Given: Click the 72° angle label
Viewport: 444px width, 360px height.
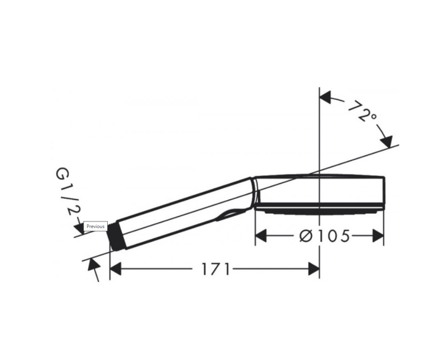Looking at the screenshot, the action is (362, 111).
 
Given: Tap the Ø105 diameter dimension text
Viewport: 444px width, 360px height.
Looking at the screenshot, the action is (325, 236).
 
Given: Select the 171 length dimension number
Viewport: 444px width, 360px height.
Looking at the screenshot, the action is (215, 269).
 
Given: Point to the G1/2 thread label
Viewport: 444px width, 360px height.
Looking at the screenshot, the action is (68, 191).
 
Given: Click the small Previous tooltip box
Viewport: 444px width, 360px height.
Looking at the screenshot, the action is (95, 226).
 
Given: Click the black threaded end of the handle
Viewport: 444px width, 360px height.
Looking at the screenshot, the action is (117, 236).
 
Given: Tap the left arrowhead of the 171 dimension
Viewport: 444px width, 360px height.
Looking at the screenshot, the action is (115, 269).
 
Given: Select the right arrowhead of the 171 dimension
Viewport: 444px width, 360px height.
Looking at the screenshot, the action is (314, 269).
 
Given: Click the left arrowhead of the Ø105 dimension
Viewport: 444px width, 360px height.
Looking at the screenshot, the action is (261, 236).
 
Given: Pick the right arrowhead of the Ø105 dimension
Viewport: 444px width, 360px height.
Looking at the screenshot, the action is (378, 236).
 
